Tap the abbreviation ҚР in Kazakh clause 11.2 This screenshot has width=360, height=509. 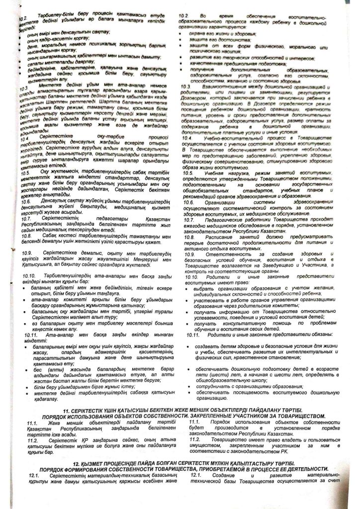coord(89,441)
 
